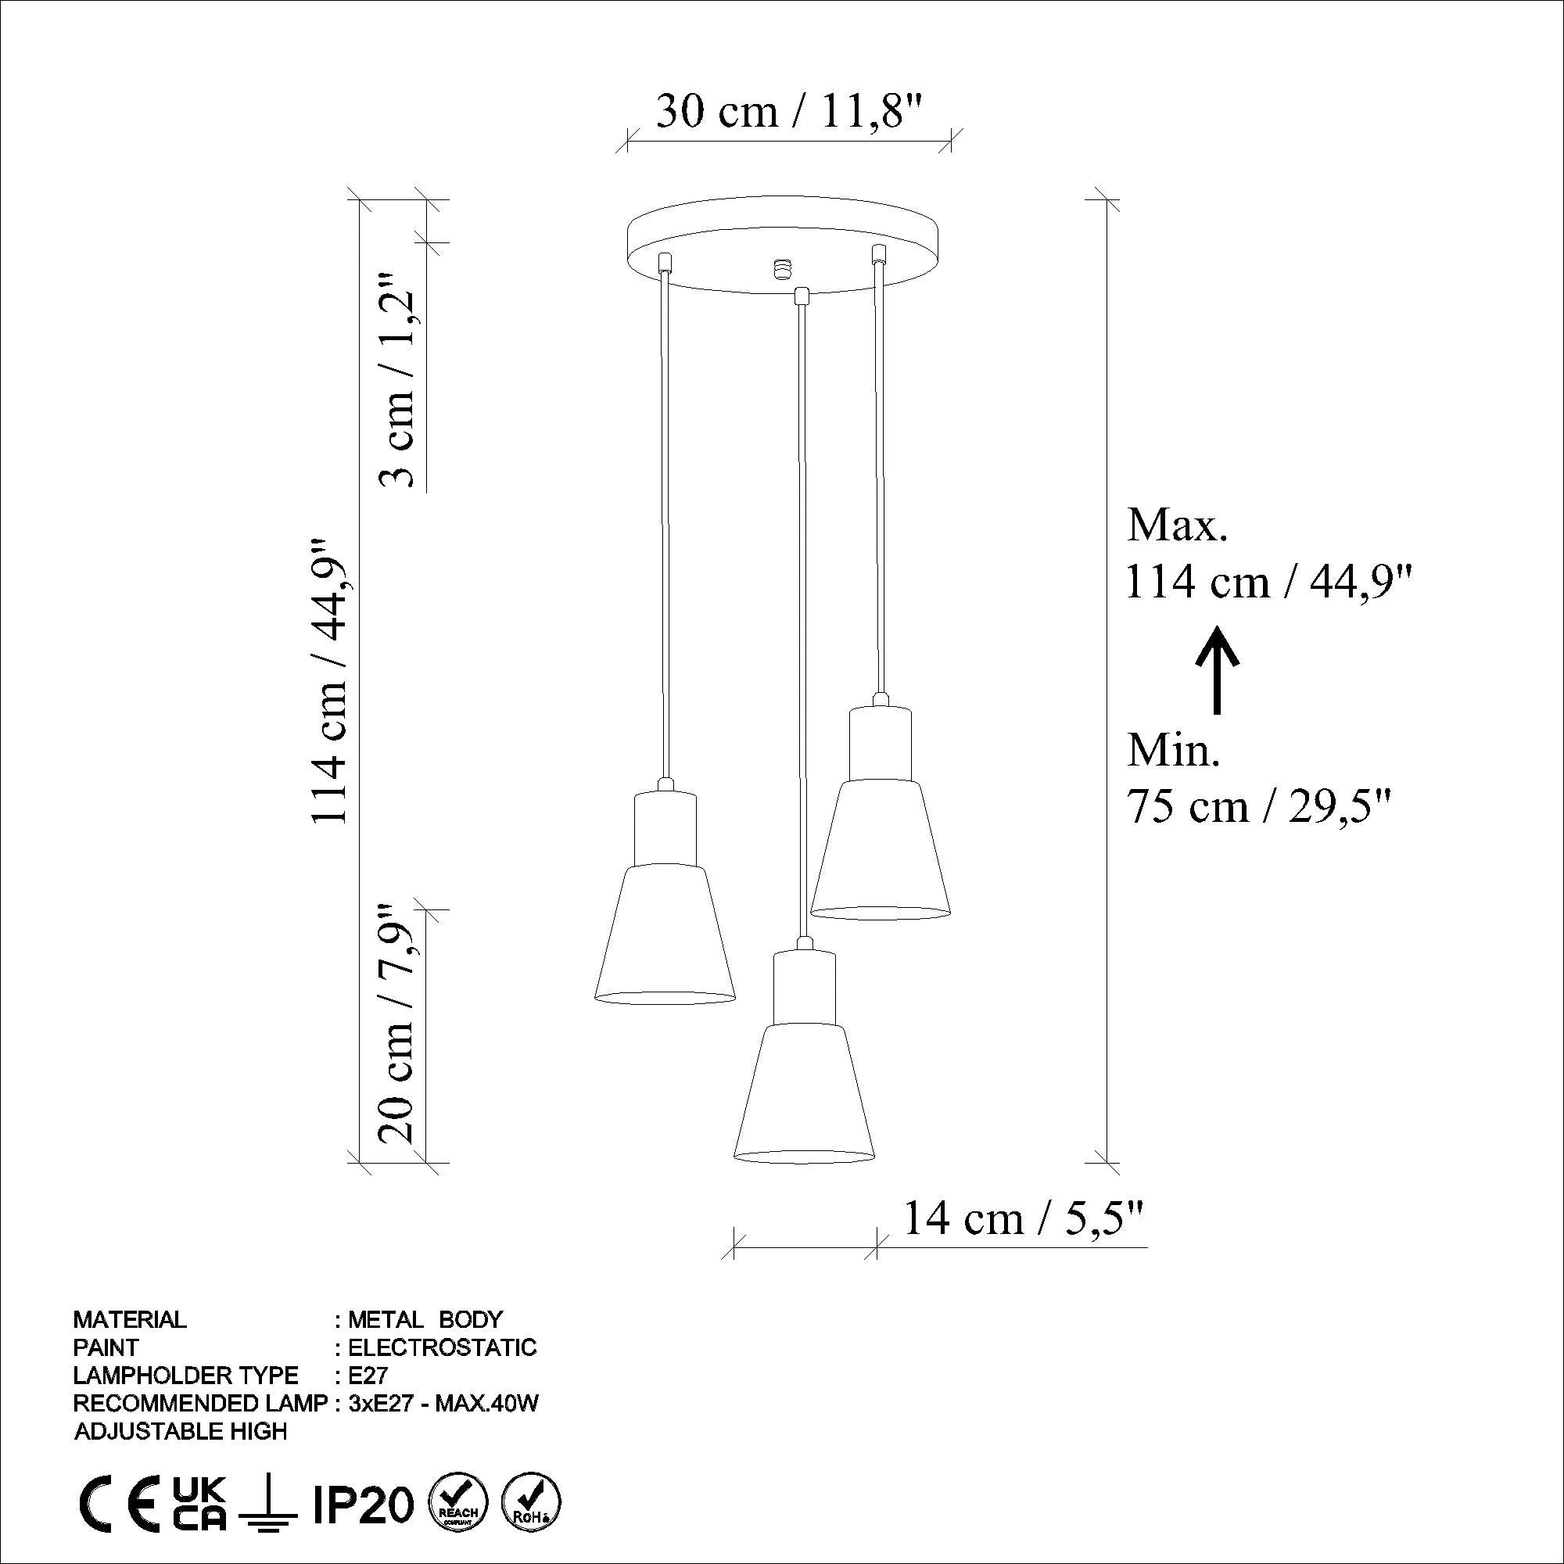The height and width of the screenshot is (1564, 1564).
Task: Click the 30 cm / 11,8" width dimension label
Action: pos(789,112)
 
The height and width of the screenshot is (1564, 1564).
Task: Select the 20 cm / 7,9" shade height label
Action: pos(399,1024)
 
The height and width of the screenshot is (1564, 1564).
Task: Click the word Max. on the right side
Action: pos(1178,526)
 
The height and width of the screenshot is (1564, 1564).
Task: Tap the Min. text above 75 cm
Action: pos(1173,752)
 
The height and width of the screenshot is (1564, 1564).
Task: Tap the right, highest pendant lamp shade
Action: pos(880,850)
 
